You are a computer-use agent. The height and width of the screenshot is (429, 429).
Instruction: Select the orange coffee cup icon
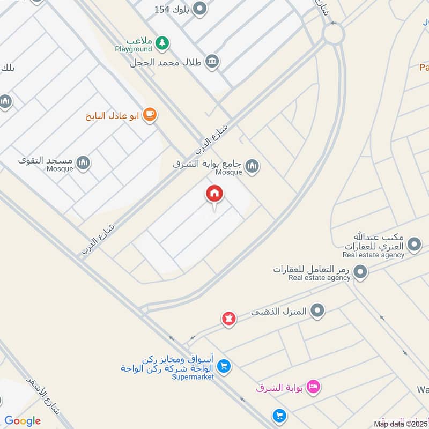pyautogui.click(x=150, y=115)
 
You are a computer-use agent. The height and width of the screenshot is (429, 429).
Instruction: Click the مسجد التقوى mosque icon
pyautogui.click(x=83, y=162)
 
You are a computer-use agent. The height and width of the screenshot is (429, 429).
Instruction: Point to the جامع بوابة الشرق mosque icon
pyautogui.click(x=252, y=166)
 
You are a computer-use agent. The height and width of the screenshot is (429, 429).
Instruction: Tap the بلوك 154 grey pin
pyautogui.click(x=199, y=9)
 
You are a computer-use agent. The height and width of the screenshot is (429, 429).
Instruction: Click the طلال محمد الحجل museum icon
pyautogui.click(x=212, y=61)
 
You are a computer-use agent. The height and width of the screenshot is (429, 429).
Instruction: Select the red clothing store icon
pyautogui.click(x=229, y=319)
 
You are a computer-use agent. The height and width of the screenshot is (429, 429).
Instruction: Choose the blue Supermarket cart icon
pyautogui.click(x=225, y=367)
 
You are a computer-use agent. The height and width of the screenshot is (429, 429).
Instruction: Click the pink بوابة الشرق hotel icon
pyautogui.click(x=314, y=386)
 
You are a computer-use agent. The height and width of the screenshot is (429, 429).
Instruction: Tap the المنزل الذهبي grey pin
pyautogui.click(x=318, y=310)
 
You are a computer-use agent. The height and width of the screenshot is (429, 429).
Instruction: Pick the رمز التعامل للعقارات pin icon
pyautogui.click(x=361, y=272)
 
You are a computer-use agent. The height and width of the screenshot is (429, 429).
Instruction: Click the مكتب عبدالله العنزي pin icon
pyautogui.click(x=413, y=246)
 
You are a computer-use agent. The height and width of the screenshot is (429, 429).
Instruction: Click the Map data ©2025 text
pyautogui.click(x=401, y=424)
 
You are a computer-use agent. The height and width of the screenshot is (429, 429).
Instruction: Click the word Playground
pyautogui.click(x=133, y=49)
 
